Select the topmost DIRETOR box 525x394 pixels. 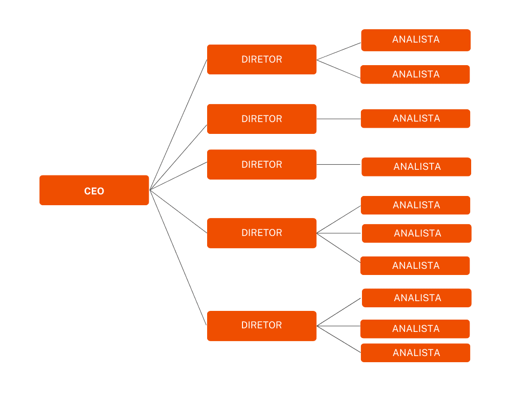[261, 60]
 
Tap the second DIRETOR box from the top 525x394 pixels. [261, 119]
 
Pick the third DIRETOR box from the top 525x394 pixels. [261, 165]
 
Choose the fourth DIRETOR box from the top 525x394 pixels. [261, 233]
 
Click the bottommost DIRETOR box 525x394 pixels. [261, 325]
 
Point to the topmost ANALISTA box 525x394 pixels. [416, 40]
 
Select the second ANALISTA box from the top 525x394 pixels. [415, 74]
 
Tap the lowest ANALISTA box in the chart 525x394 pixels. [415, 353]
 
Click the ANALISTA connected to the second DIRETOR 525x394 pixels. [415, 119]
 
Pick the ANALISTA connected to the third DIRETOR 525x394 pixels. [416, 167]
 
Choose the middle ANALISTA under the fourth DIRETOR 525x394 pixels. [417, 233]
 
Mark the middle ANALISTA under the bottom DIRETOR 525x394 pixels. [415, 329]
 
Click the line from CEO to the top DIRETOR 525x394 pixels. [178, 125]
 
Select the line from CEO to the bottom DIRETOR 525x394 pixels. [178, 258]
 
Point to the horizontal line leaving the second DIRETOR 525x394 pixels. [338, 119]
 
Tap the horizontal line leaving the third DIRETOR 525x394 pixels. [338, 165]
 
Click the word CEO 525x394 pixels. [94, 191]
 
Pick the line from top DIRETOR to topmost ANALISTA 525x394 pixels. [339, 51]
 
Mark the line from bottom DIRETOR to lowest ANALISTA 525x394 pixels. [339, 339]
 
